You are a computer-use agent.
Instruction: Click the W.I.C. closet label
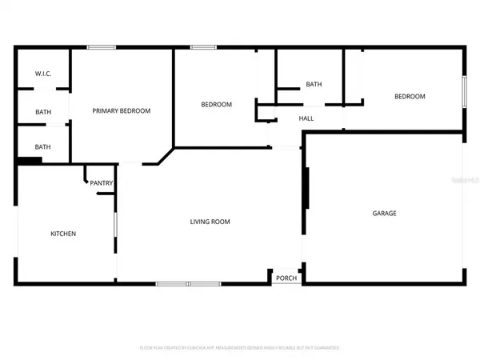[43, 74]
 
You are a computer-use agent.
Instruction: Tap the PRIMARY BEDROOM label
[122, 110]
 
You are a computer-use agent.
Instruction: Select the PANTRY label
[101, 183]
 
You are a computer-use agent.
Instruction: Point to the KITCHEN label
[63, 234]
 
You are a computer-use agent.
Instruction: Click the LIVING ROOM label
[210, 222]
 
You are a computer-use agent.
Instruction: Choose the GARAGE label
[384, 213]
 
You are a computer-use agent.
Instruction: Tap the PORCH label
[286, 278]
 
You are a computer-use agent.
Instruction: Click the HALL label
[306, 118]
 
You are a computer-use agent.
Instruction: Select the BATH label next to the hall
[313, 84]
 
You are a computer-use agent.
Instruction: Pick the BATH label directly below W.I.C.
[43, 112]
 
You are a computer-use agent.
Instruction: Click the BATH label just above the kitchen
[43, 146]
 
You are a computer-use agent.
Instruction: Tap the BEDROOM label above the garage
[409, 96]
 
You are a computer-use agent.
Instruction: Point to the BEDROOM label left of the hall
[216, 104]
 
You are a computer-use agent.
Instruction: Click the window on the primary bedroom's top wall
[100, 47]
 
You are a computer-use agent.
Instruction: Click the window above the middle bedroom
[203, 47]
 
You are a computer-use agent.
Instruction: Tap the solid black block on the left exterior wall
[30, 161]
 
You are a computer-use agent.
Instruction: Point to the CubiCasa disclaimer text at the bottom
[240, 348]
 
